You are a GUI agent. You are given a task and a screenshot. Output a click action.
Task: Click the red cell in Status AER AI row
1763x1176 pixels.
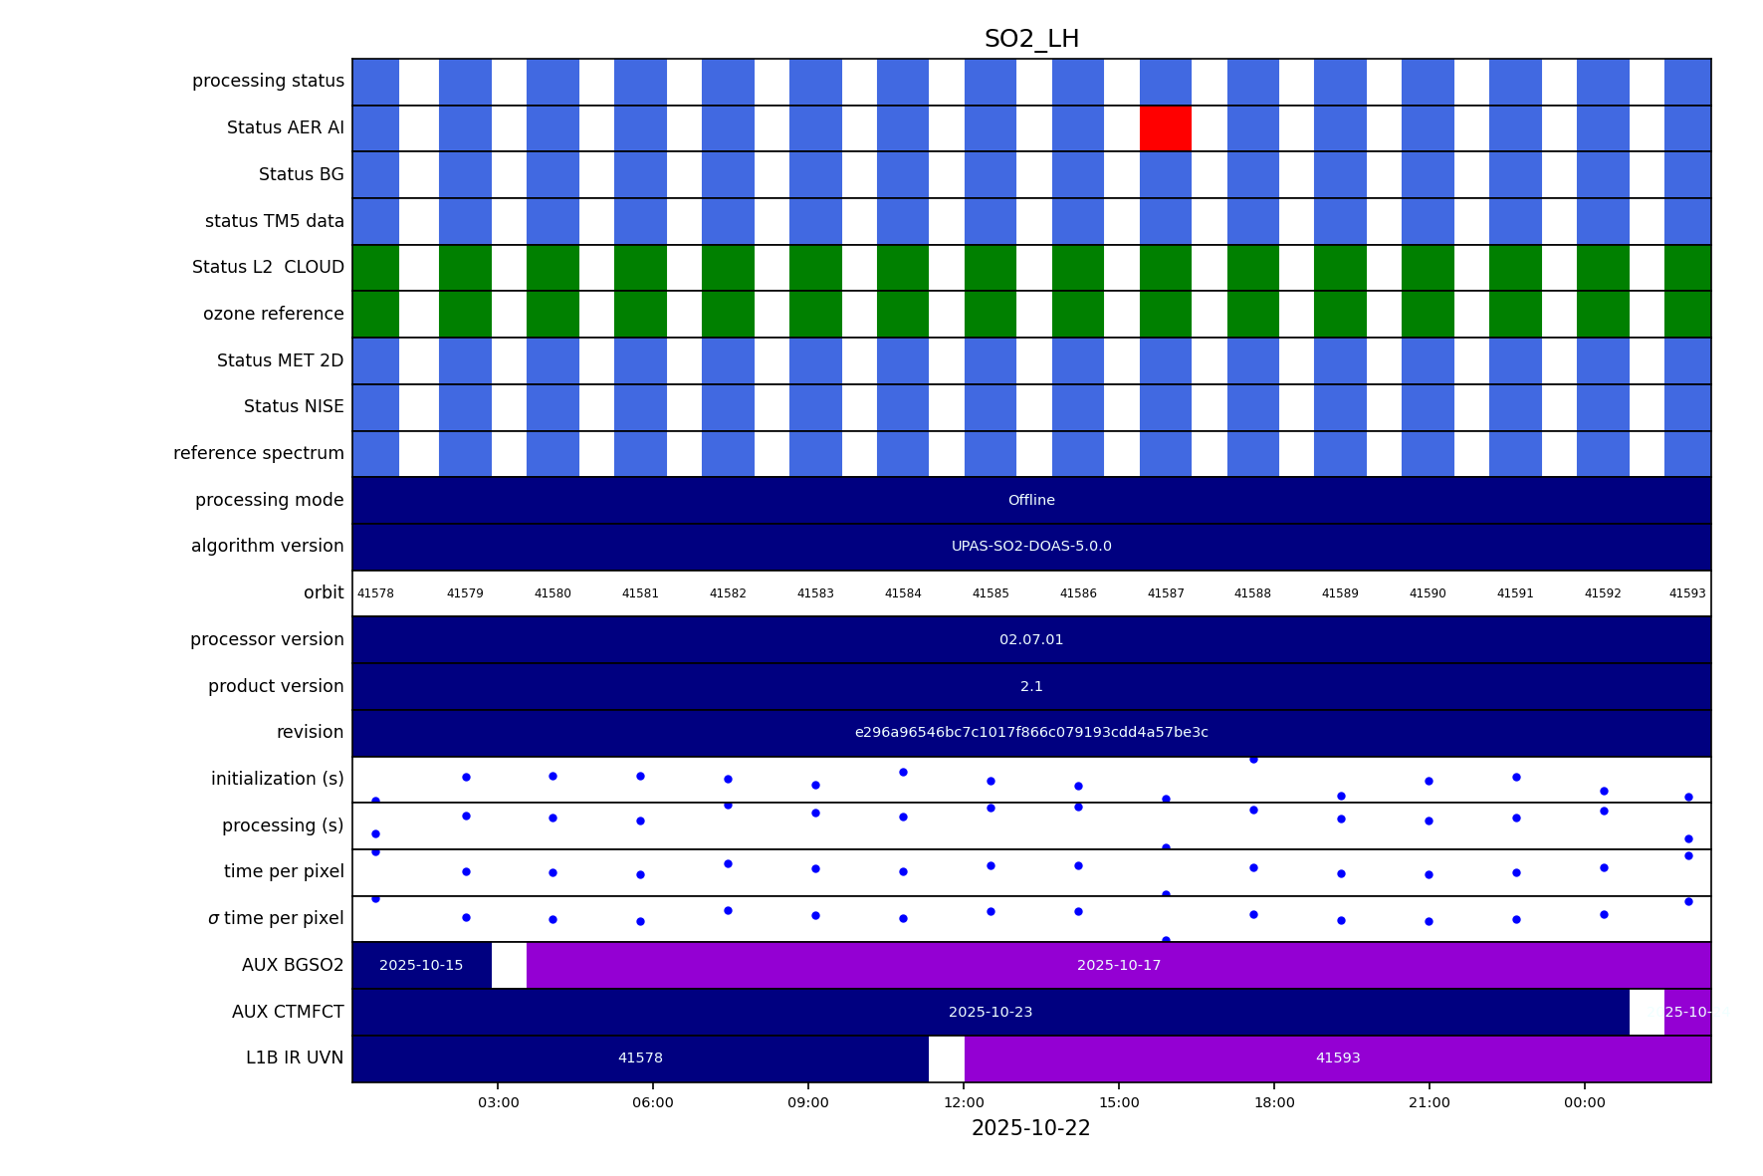(1165, 128)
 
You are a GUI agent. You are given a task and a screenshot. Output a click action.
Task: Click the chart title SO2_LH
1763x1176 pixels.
(1031, 39)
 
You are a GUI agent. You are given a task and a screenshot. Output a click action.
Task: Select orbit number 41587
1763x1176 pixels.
(1166, 593)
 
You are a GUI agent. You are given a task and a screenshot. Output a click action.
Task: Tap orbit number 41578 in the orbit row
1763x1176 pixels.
(375, 593)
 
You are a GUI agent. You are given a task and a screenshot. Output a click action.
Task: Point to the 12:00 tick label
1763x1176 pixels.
(964, 1102)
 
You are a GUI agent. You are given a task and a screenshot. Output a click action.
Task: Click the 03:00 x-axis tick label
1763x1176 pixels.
(498, 1102)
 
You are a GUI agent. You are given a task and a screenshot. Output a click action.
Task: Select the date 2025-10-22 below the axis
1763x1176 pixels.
(1030, 1128)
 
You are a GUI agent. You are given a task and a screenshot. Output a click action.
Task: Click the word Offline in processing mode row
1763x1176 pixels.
(1031, 501)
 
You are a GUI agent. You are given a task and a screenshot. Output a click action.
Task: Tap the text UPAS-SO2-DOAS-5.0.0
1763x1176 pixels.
(1031, 547)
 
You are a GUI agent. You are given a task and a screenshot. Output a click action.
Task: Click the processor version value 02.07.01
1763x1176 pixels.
(1031, 640)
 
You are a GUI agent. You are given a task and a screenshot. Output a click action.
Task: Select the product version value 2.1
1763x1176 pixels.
(1031, 687)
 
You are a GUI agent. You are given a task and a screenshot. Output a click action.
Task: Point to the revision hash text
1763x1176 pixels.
(1031, 733)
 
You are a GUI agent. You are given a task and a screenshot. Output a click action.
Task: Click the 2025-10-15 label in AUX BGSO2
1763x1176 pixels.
(421, 966)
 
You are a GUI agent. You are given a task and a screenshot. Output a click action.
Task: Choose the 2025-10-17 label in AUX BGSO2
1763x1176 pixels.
(1119, 966)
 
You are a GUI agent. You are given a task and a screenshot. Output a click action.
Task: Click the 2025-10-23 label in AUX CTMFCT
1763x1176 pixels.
(991, 1013)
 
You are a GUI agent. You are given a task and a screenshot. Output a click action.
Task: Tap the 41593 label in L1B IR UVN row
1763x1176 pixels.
(1338, 1058)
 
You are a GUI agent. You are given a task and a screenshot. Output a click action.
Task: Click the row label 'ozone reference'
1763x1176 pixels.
(273, 315)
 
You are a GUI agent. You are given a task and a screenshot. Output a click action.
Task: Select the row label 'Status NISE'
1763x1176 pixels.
(294, 407)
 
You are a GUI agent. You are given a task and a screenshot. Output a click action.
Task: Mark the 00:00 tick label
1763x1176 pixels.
(1585, 1102)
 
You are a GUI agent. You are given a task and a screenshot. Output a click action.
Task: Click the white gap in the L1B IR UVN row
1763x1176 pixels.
(947, 1058)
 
